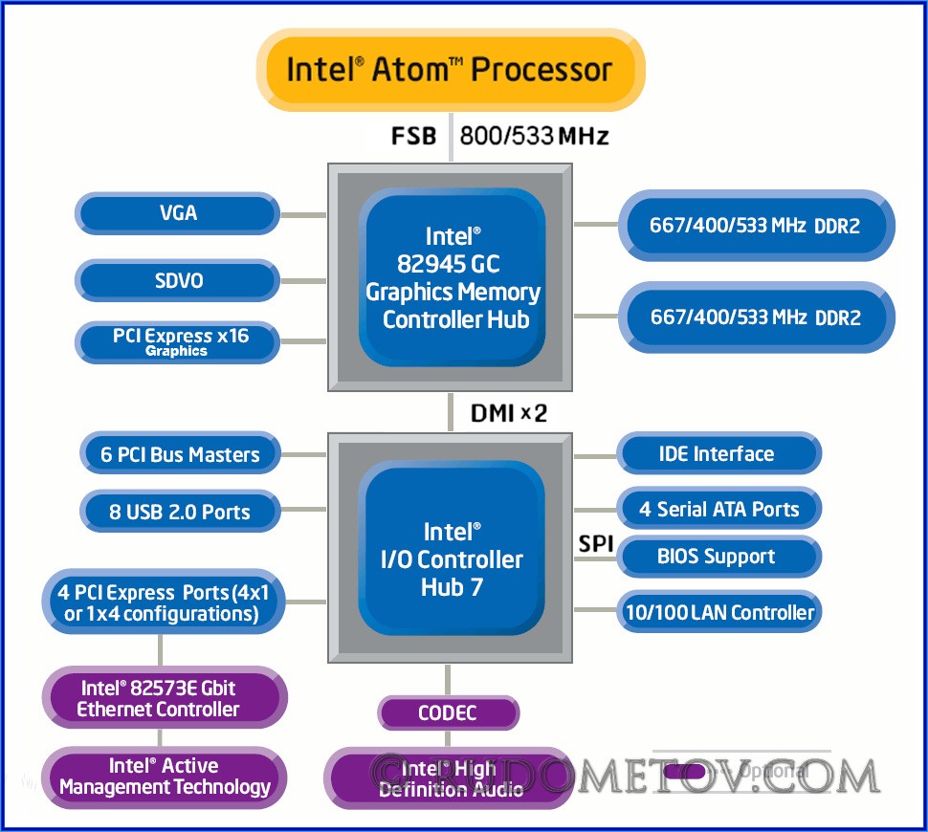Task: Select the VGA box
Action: pos(178,212)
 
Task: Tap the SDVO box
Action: pos(178,281)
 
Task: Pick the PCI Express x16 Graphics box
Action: pos(178,341)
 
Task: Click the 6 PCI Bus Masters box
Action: pos(180,453)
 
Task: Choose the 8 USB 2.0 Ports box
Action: pos(180,512)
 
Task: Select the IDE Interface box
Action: pos(717,453)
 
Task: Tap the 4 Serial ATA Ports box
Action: pos(718,509)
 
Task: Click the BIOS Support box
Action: pos(717,556)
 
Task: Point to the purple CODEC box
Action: pos(448,712)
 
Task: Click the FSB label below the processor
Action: pos(413,136)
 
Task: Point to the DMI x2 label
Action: pos(508,413)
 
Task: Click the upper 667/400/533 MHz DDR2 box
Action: pos(756,227)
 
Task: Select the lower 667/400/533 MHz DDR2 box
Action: pos(756,317)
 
